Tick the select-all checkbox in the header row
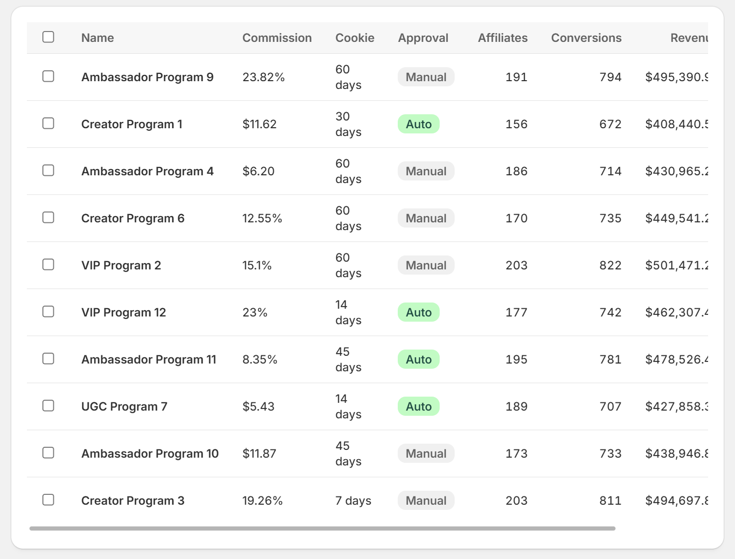48,37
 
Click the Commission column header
277,38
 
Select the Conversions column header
586,38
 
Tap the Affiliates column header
502,38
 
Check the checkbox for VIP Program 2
48,265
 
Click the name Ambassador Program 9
147,77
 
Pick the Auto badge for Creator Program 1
418,124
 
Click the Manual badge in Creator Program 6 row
426,218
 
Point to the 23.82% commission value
263,77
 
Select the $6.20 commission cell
258,171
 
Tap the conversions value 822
610,265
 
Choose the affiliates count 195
516,359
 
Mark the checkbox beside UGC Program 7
48,406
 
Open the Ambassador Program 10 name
149,454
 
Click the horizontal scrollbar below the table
322,528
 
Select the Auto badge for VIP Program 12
418,312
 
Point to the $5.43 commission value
258,406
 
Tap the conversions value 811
610,501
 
